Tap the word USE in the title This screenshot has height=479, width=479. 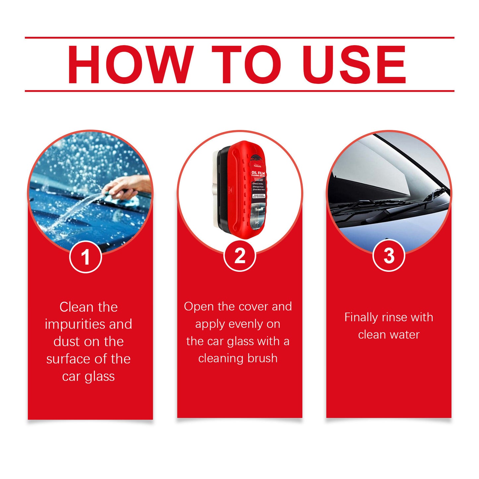click(354, 65)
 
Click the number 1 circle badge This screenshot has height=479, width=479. click(86, 257)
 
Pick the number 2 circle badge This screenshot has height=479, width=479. click(240, 256)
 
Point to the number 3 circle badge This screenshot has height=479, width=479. click(389, 256)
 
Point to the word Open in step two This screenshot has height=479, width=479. click(199, 307)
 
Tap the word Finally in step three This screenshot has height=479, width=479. click(361, 317)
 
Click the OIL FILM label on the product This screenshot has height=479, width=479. click(258, 173)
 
